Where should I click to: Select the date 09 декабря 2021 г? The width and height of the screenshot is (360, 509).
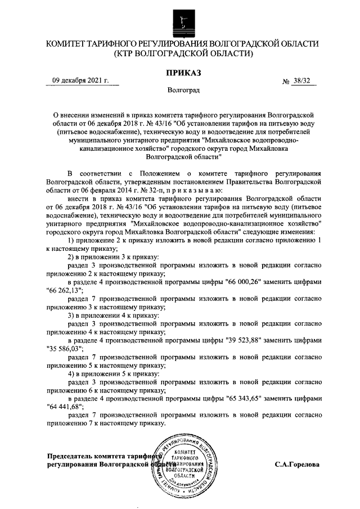(80, 80)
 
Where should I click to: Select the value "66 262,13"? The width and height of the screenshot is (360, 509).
(64, 290)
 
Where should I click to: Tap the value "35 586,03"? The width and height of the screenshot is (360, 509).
(64, 349)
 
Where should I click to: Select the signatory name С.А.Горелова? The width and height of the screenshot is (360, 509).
(297, 465)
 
